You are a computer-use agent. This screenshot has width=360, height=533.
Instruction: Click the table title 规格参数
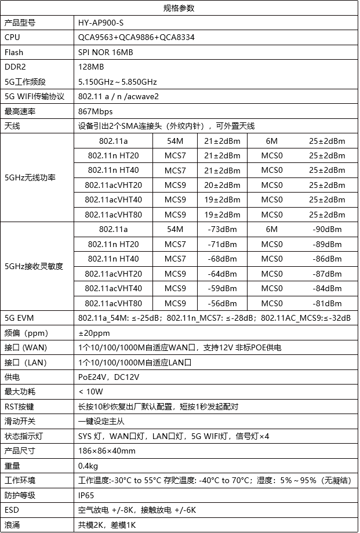click(180, 8)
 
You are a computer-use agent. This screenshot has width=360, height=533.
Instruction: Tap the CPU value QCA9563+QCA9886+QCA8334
click(136, 37)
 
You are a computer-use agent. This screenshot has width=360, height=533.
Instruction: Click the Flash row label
click(14, 52)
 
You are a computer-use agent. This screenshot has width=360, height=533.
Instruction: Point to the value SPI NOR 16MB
click(105, 52)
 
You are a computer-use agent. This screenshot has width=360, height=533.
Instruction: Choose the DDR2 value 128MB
click(91, 67)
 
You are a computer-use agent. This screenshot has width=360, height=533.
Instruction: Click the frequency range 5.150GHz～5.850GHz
click(118, 82)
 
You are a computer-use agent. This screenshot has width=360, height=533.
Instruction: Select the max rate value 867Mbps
click(95, 111)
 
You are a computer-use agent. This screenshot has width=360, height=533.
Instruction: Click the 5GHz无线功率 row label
click(30, 177)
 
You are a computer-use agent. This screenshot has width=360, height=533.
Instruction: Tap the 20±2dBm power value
click(222, 185)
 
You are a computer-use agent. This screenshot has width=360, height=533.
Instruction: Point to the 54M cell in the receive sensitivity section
click(175, 229)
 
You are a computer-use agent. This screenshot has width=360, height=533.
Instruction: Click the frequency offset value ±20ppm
click(94, 333)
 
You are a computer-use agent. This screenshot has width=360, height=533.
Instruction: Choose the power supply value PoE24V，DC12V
click(108, 377)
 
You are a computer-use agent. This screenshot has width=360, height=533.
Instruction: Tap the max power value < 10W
click(90, 391)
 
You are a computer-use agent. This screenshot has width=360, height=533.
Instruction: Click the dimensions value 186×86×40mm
click(107, 451)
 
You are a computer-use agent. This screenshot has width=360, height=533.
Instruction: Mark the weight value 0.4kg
click(88, 465)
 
